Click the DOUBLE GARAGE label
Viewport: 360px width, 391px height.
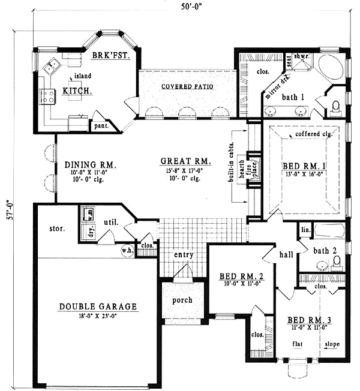(98, 307)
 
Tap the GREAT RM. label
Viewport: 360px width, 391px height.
(185, 161)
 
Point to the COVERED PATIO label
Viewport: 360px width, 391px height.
(188, 86)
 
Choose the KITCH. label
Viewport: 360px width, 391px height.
(77, 92)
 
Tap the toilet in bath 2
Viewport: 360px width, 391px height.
(337, 261)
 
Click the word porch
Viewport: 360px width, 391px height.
(181, 300)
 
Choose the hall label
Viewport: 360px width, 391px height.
(286, 254)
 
